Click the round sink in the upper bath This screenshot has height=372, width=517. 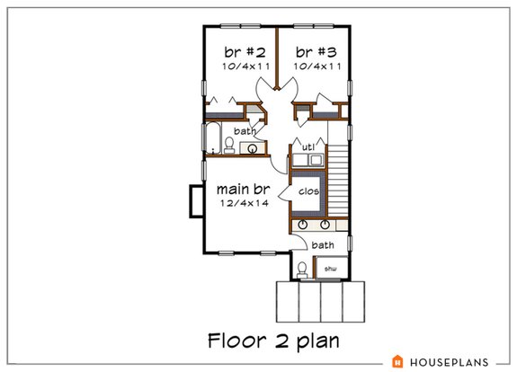tap(254, 147)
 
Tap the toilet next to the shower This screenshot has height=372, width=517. tap(303, 268)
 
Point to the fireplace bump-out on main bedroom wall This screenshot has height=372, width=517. tap(194, 200)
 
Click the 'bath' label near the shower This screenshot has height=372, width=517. tap(322, 244)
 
